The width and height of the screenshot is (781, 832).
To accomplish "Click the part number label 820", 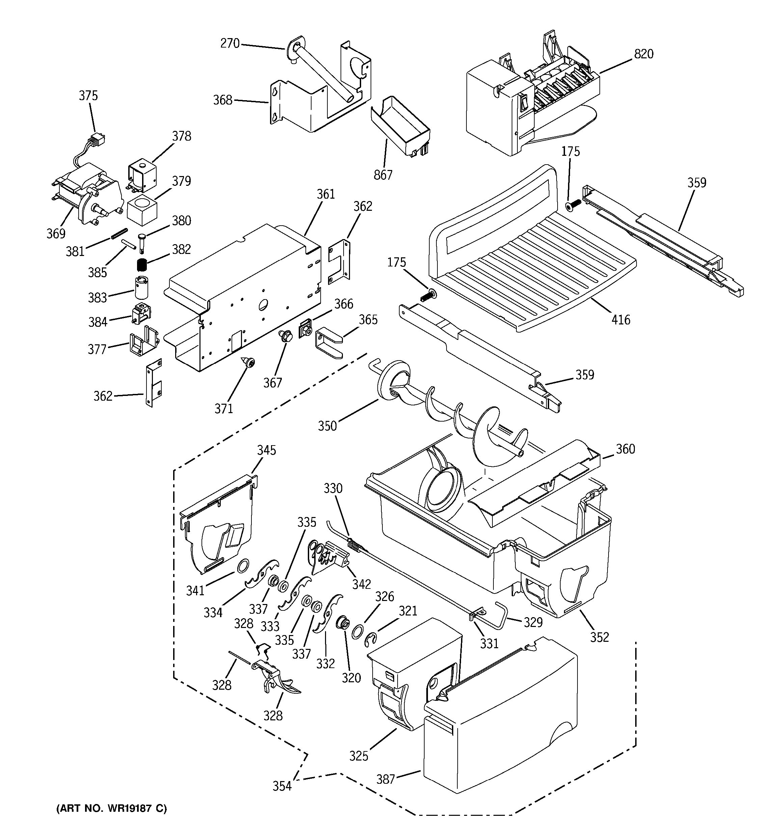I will click(644, 54).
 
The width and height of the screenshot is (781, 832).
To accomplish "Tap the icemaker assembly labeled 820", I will click(528, 101).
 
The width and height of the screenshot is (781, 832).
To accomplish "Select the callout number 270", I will click(230, 43).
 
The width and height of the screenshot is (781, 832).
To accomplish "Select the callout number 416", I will click(621, 320).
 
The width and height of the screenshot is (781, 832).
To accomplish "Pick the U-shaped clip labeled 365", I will click(328, 343).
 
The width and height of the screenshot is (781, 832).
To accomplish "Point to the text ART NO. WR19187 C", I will click(111, 808).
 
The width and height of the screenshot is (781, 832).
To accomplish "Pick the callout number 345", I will click(267, 450).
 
